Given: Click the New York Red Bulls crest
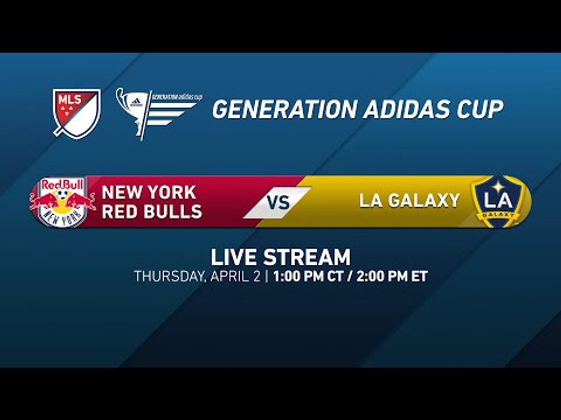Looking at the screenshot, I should point(63,202).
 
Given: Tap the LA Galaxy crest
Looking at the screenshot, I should point(497,201).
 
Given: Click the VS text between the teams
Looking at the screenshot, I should point(279,202).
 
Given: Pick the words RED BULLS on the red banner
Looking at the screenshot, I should point(152,211).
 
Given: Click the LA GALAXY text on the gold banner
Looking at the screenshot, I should point(409,201).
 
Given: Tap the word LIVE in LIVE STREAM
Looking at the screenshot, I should point(234,257).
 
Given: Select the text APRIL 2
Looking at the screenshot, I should point(233,276).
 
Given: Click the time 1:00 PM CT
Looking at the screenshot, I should point(307,276).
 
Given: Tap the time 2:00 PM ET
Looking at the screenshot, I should point(390,276).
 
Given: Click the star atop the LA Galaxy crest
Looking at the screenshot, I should point(497,185).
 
